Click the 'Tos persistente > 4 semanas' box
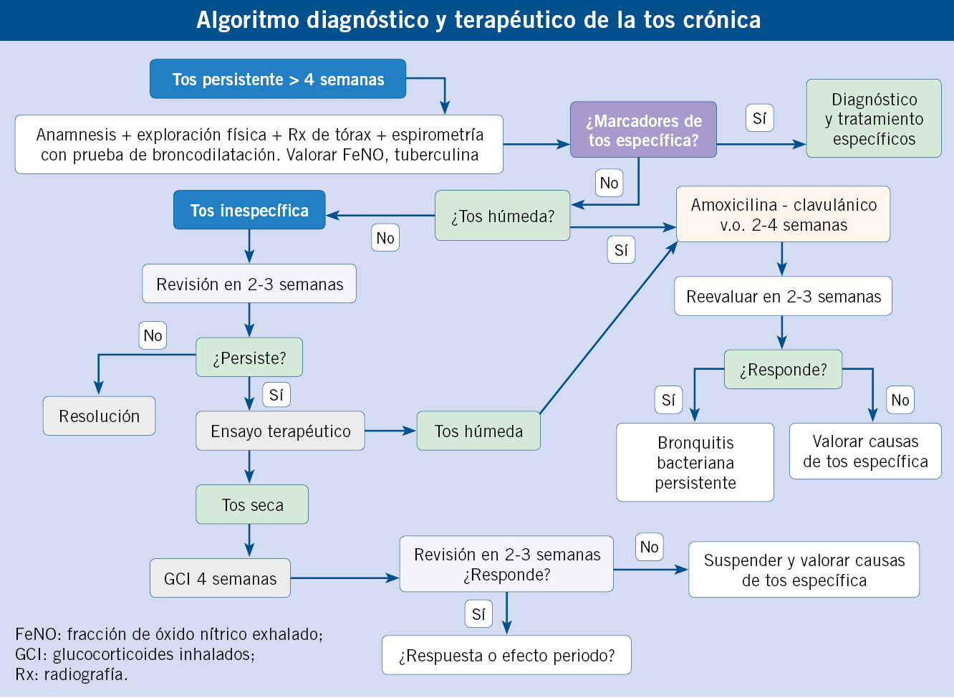pos(278,79)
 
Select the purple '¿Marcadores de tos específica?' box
pos(643,130)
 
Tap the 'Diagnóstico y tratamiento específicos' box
pos(874,119)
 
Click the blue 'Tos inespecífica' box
pos(249,210)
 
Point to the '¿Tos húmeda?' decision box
pos(502,216)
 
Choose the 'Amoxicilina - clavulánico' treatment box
pos(783,214)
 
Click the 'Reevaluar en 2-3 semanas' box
pos(783,296)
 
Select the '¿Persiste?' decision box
pos(249,358)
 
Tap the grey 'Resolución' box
pos(99,416)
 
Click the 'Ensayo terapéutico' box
pos(280,431)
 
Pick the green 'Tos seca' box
pos(252,505)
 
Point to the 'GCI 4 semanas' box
pos(220,578)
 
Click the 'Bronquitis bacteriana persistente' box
pos(695,462)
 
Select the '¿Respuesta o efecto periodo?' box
pos(506,655)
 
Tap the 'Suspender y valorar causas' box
pos(804,570)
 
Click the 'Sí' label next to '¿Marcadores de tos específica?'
pos(759,118)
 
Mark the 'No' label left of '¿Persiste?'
pos(153,335)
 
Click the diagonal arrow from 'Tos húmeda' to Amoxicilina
pos(609,328)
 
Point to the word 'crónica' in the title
pos(721,20)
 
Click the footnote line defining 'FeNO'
pos(169,634)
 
